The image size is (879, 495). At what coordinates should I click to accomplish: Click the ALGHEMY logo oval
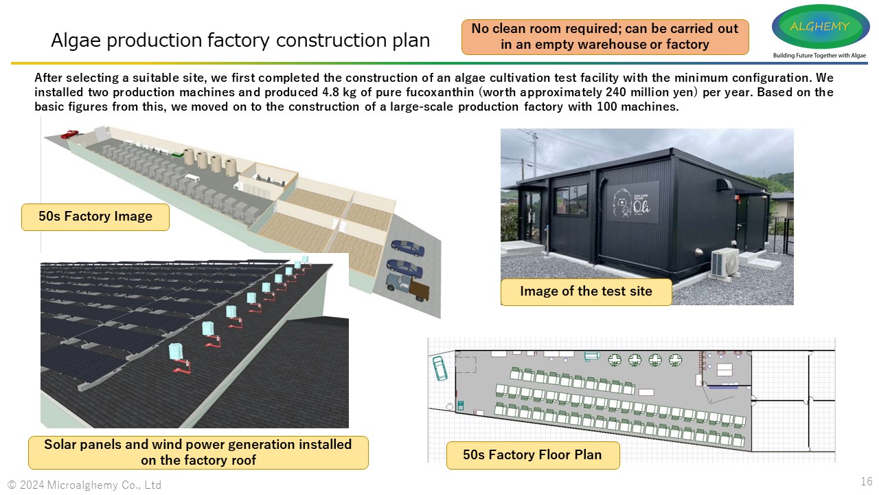point(820,27)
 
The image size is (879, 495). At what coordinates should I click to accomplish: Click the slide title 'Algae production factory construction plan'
point(240,41)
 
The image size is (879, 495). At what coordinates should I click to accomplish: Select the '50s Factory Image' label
point(95,217)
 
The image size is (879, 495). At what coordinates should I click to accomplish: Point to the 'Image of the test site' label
point(586,291)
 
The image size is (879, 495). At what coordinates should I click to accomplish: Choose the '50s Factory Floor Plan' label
point(532,454)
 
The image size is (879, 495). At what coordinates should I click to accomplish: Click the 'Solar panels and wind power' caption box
point(198,452)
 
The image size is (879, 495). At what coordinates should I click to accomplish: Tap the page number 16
point(866,481)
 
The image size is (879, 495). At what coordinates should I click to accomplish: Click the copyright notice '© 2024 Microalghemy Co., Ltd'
point(84,485)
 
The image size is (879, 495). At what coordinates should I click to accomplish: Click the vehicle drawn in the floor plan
point(439,367)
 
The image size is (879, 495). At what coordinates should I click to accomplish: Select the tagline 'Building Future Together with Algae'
point(819,55)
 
